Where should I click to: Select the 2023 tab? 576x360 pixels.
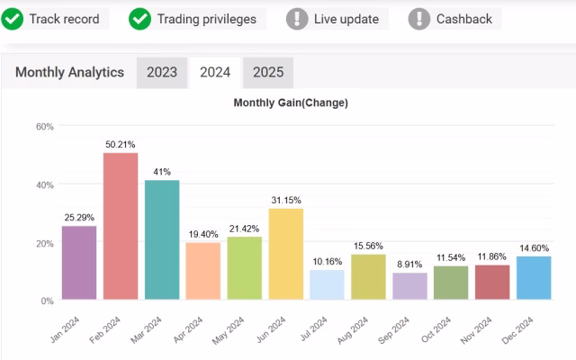tap(162, 73)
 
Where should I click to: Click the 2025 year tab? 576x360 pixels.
tap(267, 73)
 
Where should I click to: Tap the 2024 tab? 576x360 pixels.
tap(215, 73)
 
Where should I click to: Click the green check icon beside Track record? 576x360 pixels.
tap(13, 18)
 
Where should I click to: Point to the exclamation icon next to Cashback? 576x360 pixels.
tap(418, 18)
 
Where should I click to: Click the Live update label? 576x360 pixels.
tap(346, 19)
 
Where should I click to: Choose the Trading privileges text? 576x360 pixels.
tap(206, 19)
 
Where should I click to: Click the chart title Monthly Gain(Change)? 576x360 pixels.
tap(291, 103)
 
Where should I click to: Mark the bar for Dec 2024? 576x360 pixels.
tap(534, 278)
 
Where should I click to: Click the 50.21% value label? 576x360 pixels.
tap(121, 144)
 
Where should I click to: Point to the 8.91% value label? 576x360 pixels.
tap(409, 265)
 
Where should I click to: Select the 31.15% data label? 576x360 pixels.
tap(285, 200)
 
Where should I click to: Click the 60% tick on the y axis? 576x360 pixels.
tap(45, 127)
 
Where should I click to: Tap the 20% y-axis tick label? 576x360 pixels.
tap(45, 243)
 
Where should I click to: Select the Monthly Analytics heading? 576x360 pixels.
tap(69, 73)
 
